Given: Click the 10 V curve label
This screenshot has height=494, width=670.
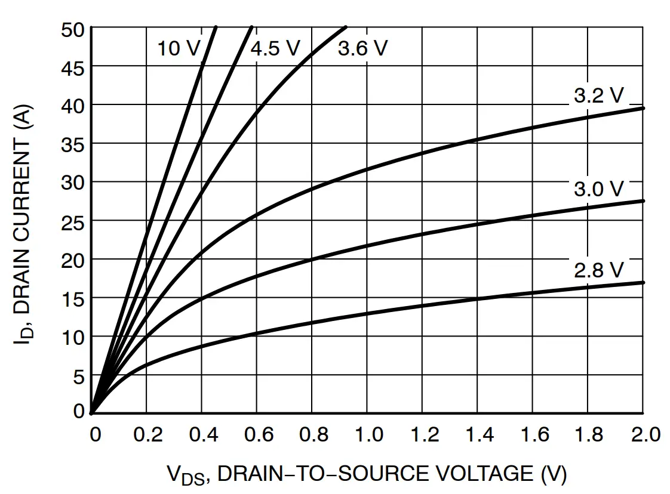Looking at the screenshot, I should (x=179, y=48).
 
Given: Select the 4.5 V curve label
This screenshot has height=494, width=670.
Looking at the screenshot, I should (x=275, y=48).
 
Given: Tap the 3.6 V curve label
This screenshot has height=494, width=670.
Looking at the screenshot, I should (x=362, y=48).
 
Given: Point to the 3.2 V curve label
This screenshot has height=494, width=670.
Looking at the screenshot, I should (x=598, y=95).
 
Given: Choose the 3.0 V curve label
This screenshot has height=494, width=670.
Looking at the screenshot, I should (x=598, y=189).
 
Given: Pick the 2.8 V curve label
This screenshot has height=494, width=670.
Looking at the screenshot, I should (x=598, y=270).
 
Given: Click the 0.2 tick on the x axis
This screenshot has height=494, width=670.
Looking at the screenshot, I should (x=147, y=434).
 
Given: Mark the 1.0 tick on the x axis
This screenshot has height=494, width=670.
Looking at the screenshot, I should (x=368, y=434).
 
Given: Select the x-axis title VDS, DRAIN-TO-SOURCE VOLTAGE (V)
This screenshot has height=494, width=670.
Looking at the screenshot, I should (x=366, y=474).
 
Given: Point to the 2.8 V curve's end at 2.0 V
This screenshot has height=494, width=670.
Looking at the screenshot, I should (x=643, y=282).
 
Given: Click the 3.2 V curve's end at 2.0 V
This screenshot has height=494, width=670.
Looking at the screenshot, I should (x=643, y=108).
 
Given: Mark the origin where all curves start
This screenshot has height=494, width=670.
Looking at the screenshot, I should (x=91, y=412).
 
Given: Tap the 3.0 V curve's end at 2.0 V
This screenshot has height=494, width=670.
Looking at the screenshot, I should (x=643, y=201).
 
